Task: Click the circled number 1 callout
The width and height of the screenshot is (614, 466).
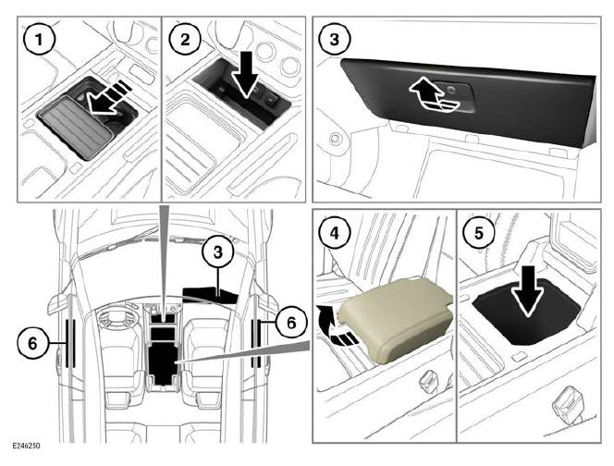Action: point(39,39)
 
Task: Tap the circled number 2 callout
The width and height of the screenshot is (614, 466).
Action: point(184,39)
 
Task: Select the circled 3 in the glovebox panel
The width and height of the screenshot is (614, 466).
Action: point(334,39)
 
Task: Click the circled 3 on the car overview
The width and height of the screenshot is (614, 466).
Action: point(217,251)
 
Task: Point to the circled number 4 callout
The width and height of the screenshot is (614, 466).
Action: point(334,233)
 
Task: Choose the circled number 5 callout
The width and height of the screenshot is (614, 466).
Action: point(478,233)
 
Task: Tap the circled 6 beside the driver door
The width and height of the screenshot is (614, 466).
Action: point(33,343)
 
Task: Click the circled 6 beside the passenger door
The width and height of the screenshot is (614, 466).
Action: point(291,323)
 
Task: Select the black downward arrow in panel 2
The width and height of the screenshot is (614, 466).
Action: point(246,74)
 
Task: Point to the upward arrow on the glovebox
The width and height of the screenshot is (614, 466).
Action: point(433,94)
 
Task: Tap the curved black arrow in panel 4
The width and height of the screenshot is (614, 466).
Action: point(336,327)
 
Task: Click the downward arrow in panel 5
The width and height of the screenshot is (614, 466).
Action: point(528,290)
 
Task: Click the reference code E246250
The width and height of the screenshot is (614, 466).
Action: point(26,446)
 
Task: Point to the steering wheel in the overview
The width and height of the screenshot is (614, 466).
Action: point(113,316)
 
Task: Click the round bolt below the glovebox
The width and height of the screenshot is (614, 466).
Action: point(335,138)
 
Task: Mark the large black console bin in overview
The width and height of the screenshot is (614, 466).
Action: point(164,362)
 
